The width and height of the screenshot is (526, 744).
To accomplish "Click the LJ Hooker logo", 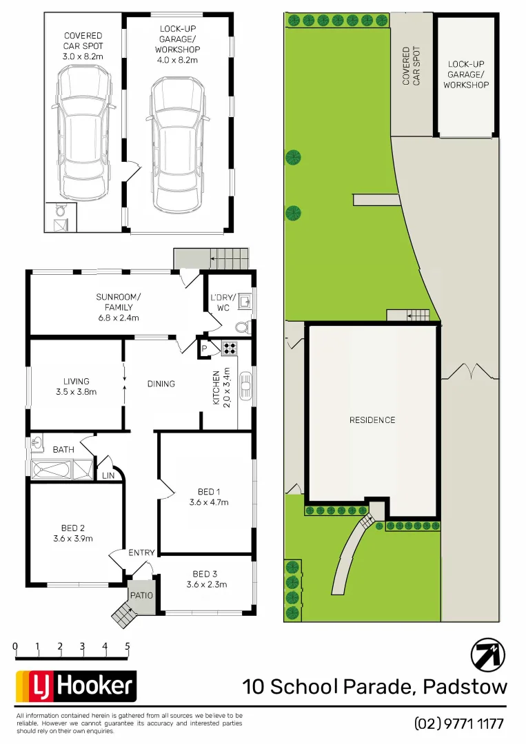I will point(76,686).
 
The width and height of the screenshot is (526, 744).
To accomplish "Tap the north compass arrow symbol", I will point(487,654).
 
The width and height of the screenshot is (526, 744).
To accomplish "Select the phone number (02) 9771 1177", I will point(459,723).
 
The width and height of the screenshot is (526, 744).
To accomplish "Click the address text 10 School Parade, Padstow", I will point(374,687).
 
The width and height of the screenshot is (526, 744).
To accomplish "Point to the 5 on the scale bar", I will point(128,646).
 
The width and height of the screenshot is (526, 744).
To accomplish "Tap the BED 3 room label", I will point(206,574).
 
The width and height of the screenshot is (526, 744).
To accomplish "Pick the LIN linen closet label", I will point(109,475).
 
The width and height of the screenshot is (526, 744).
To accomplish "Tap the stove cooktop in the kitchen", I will point(229,348).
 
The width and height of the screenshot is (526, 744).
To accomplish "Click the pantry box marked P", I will point(205,349).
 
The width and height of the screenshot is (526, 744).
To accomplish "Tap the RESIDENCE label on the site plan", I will point(372,420).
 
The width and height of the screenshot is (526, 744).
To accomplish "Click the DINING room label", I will point(161,384).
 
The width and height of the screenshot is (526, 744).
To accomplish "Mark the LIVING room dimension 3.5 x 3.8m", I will point(75,392).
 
